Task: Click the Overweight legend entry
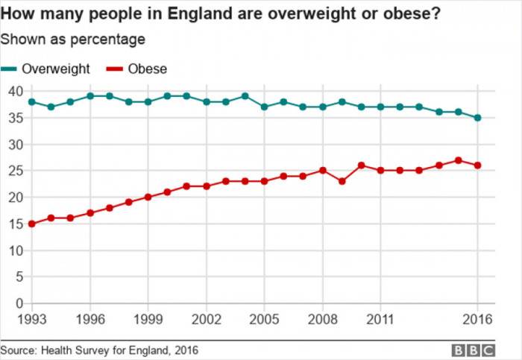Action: [x=55, y=69]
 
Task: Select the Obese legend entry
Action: [x=146, y=69]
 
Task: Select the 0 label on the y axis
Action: [x=20, y=303]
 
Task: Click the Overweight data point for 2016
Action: [x=477, y=118]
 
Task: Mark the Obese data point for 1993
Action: [x=31, y=224]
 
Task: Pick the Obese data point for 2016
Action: [x=477, y=165]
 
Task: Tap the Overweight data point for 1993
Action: [x=31, y=101]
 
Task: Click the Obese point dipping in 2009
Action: [x=342, y=181]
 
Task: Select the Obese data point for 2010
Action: [x=361, y=165]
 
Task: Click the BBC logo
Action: [x=472, y=350]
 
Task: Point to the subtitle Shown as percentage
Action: [x=72, y=39]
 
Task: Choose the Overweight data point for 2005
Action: [x=264, y=107]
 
